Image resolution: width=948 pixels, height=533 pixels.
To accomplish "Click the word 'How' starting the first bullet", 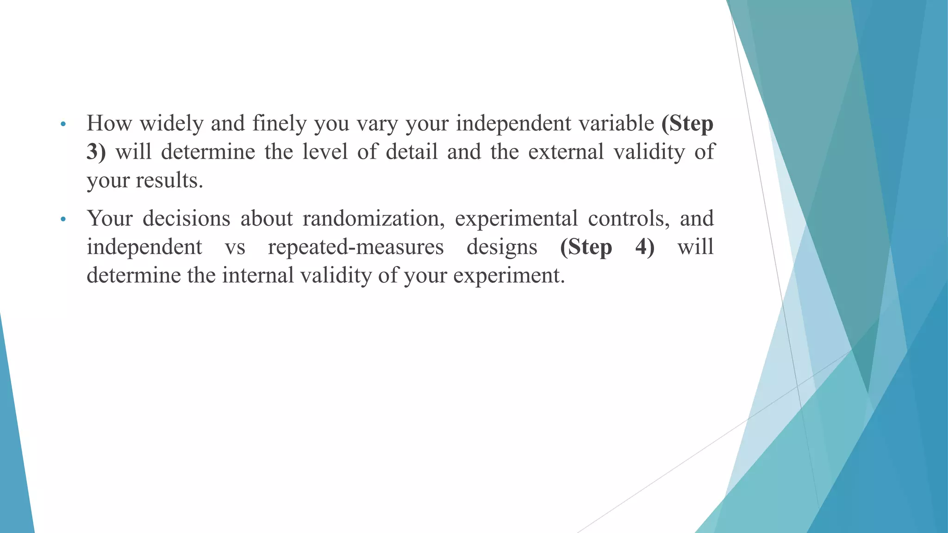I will click(109, 124).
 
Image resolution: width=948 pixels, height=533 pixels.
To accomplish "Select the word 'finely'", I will click(279, 124).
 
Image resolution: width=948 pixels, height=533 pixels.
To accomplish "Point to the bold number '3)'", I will click(96, 152).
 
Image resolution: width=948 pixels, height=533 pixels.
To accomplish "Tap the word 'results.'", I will click(169, 180).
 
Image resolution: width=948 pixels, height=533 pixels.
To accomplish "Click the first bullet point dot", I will click(63, 124).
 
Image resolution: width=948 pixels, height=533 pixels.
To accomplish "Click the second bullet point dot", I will click(63, 219).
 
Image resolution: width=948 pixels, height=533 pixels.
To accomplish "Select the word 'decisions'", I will click(186, 218).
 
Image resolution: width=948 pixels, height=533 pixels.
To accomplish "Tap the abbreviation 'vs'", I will click(235, 247).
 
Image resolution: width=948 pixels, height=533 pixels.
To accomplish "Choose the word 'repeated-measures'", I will click(355, 247).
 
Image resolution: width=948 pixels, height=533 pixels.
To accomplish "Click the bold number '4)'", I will click(645, 247).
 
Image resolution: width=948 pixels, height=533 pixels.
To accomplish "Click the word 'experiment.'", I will click(509, 276).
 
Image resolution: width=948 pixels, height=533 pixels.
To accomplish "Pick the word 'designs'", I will click(502, 247).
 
